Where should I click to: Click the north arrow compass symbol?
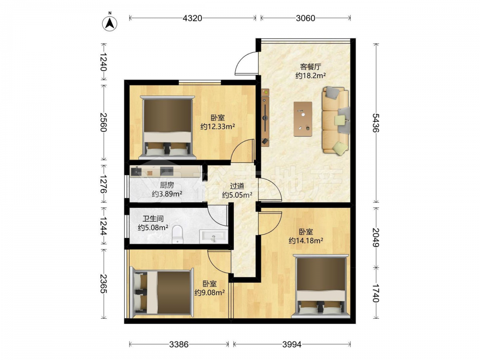[109, 23]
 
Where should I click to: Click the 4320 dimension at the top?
[192, 18]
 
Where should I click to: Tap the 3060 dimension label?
[305, 18]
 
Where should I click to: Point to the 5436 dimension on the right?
[376, 122]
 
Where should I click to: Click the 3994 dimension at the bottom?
[292, 344]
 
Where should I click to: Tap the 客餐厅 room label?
[310, 67]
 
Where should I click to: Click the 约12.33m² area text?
[217, 126]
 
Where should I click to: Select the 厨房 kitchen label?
[167, 185]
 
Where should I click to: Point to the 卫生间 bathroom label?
[153, 218]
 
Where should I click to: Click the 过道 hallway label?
[237, 185]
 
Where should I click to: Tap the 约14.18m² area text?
[306, 240]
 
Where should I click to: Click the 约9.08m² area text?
[210, 292]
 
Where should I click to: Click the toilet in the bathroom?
[177, 234]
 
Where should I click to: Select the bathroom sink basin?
[214, 236]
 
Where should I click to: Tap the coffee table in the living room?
[303, 119]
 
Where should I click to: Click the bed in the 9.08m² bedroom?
[162, 293]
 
